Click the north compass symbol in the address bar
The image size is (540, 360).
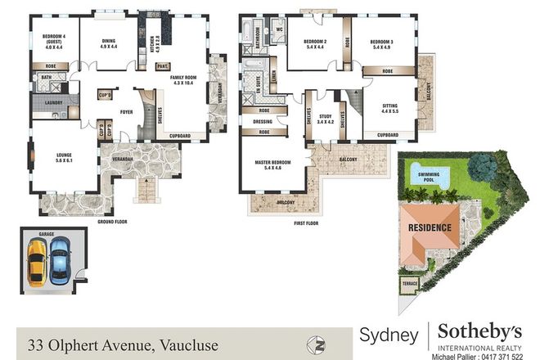[311, 343]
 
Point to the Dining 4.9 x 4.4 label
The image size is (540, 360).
[109, 43]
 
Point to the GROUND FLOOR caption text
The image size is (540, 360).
[117, 222]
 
